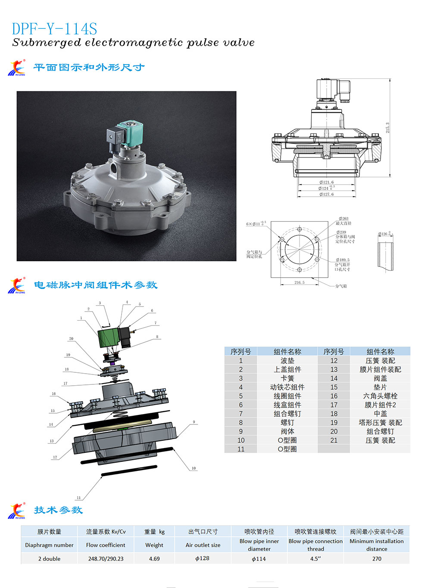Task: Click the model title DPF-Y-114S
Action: (54, 29)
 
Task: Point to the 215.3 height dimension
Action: (387, 127)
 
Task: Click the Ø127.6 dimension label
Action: (327, 195)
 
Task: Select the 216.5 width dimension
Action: (299, 283)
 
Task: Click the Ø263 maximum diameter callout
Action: (344, 219)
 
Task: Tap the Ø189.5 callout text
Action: (343, 260)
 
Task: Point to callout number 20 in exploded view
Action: (71, 339)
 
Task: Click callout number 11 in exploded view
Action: (78, 498)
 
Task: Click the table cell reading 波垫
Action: (287, 361)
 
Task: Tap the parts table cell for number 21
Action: (334, 440)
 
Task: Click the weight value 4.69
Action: (154, 559)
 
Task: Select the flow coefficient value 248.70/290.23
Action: (106, 559)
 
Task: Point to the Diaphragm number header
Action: (49, 545)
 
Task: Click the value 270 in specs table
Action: (377, 559)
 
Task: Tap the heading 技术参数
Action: (58, 510)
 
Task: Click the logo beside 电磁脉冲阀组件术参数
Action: (17, 285)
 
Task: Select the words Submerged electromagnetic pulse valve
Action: (133, 43)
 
